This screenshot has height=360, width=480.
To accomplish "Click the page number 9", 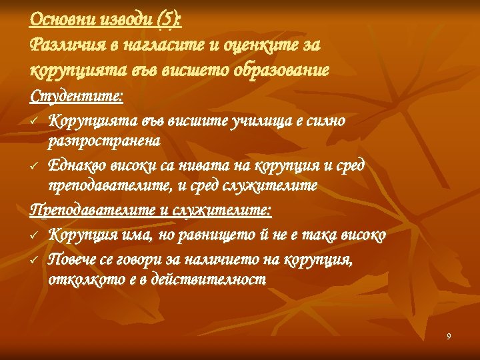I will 449,337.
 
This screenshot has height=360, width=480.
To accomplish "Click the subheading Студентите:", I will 76,96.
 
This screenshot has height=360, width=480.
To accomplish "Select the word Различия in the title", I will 63,45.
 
